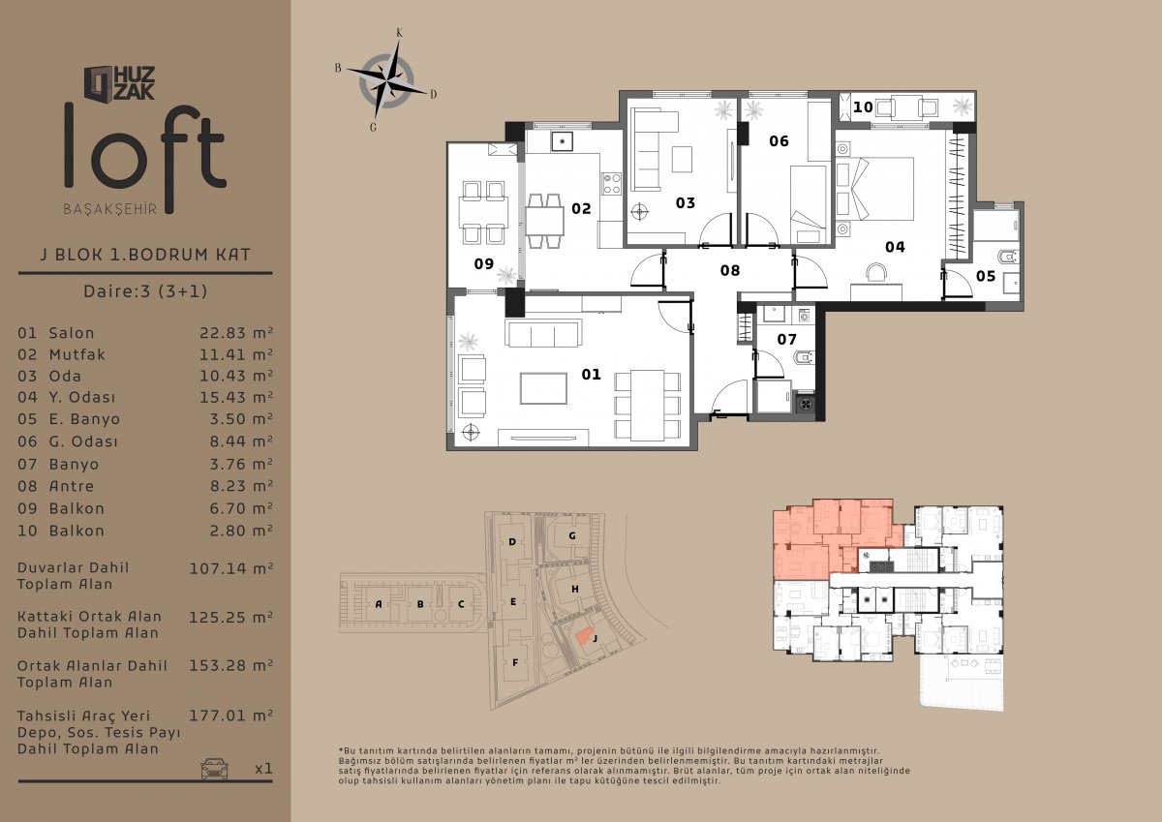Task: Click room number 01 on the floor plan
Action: point(591,374)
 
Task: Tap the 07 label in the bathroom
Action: point(786,339)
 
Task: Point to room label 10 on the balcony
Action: point(863,107)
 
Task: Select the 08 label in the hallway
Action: point(730,270)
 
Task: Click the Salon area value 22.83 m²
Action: point(236,332)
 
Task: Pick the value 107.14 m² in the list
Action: point(230,568)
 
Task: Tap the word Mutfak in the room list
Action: point(76,354)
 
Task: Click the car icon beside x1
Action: point(214,769)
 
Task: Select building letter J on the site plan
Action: point(595,638)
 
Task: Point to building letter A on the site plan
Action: point(379,603)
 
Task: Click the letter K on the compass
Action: point(399,33)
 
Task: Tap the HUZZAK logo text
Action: point(134,83)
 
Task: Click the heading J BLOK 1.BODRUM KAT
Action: point(145,254)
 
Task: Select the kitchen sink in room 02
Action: point(562,140)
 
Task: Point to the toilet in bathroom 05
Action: point(1008,257)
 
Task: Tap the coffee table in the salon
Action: point(543,388)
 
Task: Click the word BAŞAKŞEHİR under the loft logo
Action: point(110,209)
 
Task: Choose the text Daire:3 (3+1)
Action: point(145,290)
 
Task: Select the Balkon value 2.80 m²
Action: point(241,531)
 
